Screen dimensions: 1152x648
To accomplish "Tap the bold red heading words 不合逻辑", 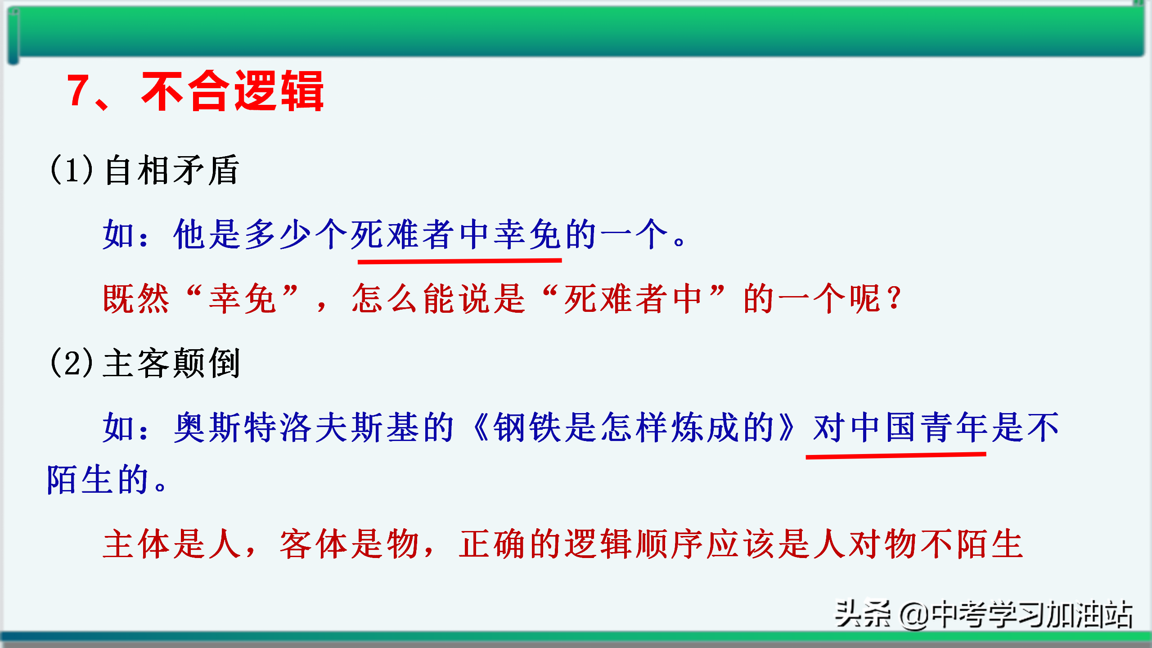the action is [x=233, y=91].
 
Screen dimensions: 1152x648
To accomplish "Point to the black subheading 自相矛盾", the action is [x=171, y=170].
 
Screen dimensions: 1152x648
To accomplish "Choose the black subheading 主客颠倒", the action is [x=171, y=362].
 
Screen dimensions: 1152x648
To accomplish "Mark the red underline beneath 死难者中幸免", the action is [x=459, y=261].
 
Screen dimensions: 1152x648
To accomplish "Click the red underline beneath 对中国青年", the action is [x=896, y=456].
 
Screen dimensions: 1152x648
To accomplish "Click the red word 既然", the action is [x=136, y=298].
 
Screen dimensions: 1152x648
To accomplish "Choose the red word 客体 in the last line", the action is [x=313, y=544].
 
